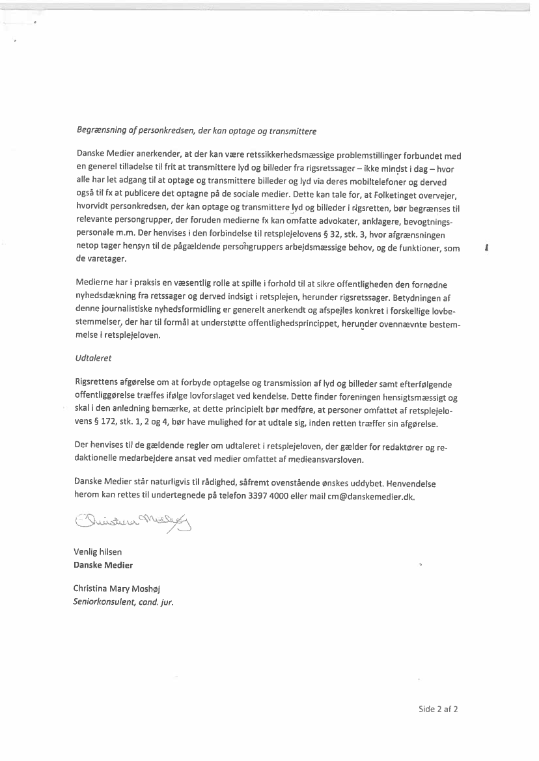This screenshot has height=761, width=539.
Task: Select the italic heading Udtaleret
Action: click(90, 357)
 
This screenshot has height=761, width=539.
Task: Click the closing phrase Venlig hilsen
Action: click(98, 552)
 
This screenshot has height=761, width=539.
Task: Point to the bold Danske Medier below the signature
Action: click(103, 564)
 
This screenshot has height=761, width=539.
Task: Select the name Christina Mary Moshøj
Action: click(112, 588)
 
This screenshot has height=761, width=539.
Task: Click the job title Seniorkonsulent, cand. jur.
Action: click(123, 602)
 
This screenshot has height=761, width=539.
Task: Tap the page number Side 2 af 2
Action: click(438, 709)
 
